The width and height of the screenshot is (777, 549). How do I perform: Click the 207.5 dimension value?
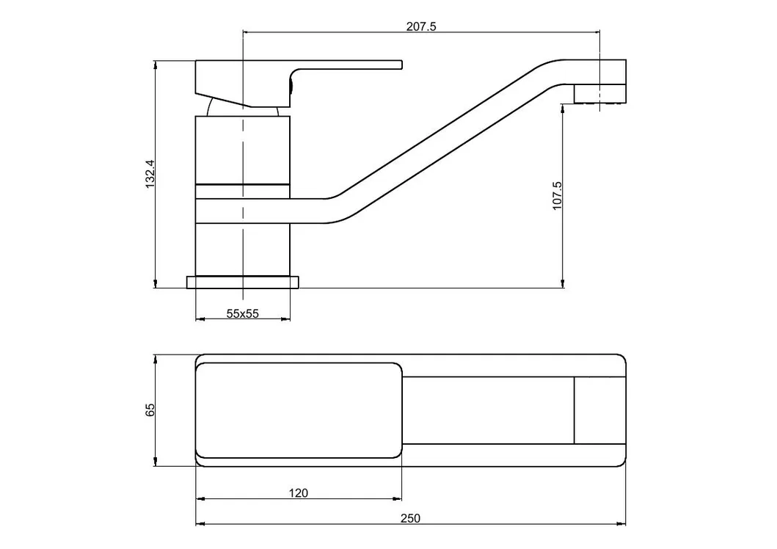(x=421, y=26)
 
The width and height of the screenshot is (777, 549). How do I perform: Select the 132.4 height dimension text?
(x=150, y=175)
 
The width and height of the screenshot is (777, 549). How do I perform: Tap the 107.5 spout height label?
(x=557, y=196)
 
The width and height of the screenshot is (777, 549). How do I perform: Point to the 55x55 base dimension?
(x=242, y=313)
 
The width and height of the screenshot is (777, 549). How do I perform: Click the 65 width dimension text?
(x=150, y=410)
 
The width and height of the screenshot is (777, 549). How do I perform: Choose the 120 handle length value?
(x=298, y=492)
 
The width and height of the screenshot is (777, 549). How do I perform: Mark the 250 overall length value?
(x=410, y=518)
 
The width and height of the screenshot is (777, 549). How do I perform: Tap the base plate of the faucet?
(x=244, y=283)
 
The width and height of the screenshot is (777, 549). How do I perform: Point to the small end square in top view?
(x=599, y=410)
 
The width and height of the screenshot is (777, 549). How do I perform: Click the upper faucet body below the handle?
(x=243, y=147)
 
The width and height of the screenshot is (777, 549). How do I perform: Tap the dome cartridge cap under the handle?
(x=242, y=109)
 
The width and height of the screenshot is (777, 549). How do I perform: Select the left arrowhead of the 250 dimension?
(x=199, y=525)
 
